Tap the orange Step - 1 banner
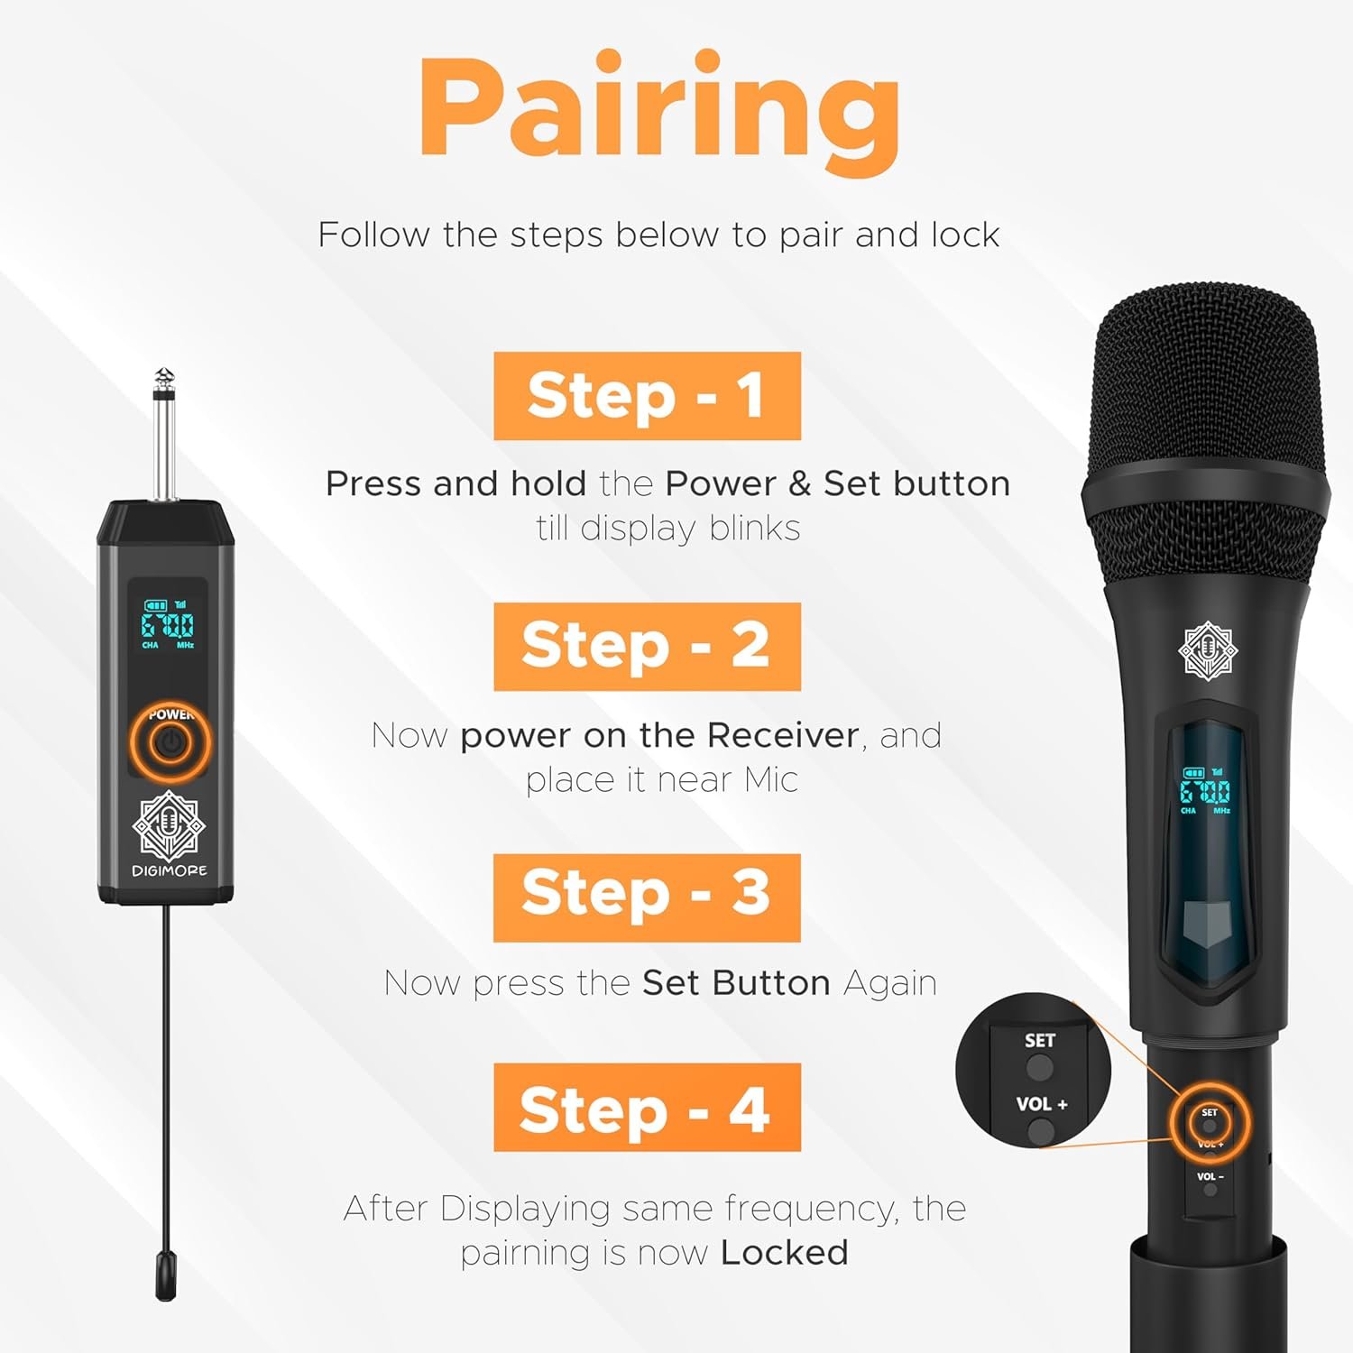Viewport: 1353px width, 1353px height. tap(647, 396)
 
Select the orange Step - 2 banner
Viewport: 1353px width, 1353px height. tap(647, 646)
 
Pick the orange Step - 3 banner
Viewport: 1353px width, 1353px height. tap(647, 897)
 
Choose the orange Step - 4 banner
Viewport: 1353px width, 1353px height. tap(647, 1107)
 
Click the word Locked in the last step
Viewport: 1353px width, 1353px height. tap(785, 1252)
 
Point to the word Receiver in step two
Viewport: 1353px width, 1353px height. tap(782, 735)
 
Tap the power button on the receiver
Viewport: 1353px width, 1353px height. tap(169, 744)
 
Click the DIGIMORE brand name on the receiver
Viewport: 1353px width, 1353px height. tap(170, 870)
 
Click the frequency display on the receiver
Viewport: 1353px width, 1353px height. tap(167, 624)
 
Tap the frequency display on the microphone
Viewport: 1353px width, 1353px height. tap(1205, 791)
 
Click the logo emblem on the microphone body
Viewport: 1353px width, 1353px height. tap(1209, 650)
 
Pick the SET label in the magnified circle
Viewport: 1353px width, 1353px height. tap(1039, 1040)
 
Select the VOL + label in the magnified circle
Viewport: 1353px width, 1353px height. tap(1042, 1104)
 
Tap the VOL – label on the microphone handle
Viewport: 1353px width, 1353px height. tap(1210, 1176)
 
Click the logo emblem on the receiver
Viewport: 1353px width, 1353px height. tap(169, 825)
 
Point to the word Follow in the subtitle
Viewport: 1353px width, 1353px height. tap(373, 235)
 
